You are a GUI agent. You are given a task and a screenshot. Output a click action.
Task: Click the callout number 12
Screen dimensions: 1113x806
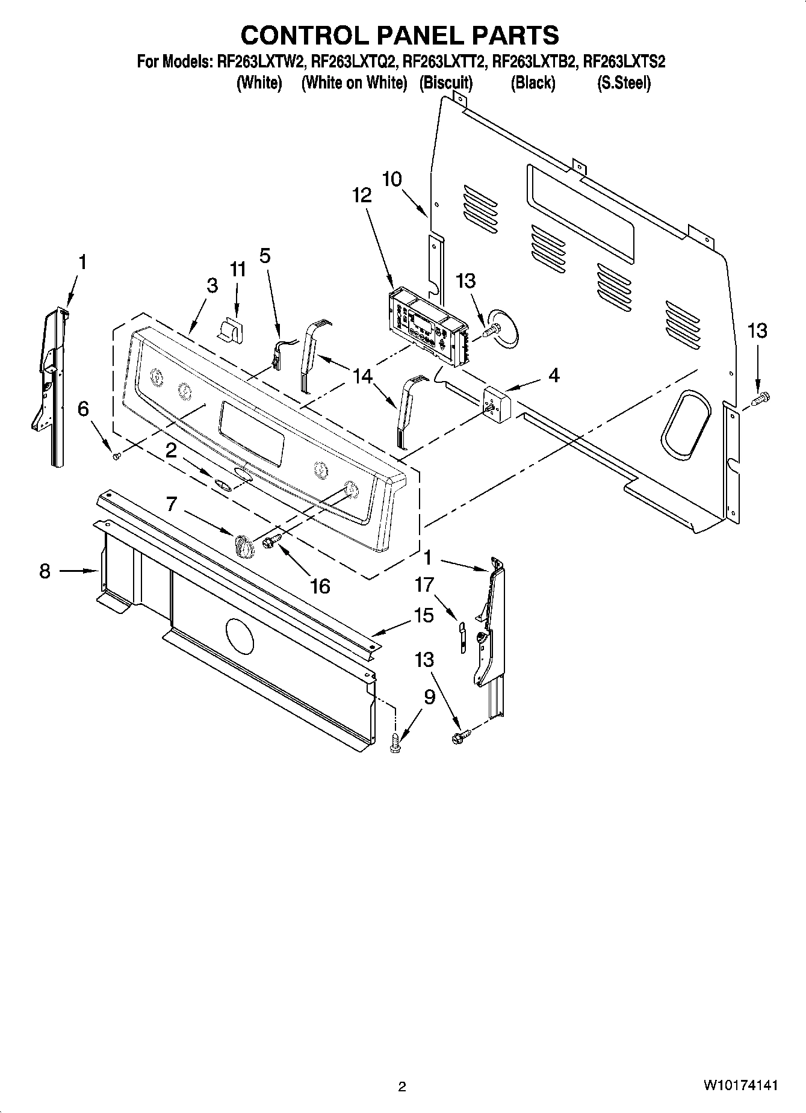coord(362,195)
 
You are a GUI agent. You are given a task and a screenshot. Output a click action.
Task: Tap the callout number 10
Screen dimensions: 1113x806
coord(392,179)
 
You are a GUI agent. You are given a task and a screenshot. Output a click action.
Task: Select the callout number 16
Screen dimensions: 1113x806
coord(320,585)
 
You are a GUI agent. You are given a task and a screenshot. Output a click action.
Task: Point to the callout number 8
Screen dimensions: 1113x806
coord(45,571)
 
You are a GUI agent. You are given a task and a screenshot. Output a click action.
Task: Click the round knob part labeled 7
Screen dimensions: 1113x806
coord(243,545)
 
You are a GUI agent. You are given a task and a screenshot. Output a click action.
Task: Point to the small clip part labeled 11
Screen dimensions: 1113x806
coord(231,330)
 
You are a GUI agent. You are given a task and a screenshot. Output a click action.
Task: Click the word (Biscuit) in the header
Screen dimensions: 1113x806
coord(446,82)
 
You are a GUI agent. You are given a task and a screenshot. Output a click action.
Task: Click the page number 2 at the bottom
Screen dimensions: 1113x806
coord(402,1087)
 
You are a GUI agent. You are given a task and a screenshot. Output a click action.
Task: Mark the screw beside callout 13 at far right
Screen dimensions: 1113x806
coord(762,397)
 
